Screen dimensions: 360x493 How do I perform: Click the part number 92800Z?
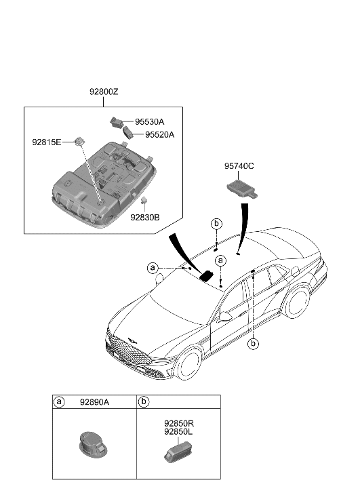tap(104, 92)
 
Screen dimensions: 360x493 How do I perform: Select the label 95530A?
tap(150, 121)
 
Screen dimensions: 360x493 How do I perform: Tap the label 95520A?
tap(159, 134)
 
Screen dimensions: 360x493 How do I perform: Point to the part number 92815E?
tap(47, 142)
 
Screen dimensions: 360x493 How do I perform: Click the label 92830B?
tap(145, 217)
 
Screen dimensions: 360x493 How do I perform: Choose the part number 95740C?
tap(239, 166)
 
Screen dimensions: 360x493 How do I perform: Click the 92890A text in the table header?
tap(94, 402)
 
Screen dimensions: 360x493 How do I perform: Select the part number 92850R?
tap(179, 424)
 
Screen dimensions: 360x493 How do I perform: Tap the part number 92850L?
tap(178, 432)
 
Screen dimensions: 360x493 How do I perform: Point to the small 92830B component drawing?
tap(144, 200)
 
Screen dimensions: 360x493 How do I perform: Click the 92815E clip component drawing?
tap(79, 142)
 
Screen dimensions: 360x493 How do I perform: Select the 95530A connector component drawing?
tap(116, 122)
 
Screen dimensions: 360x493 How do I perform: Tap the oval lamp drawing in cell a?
tap(92, 444)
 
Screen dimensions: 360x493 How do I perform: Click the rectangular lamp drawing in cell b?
tap(178, 452)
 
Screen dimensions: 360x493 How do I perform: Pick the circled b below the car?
tap(253, 344)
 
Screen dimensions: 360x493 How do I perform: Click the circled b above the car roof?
tap(216, 224)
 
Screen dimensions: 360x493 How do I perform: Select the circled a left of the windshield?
tap(153, 268)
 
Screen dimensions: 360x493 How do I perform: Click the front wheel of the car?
tap(188, 364)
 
